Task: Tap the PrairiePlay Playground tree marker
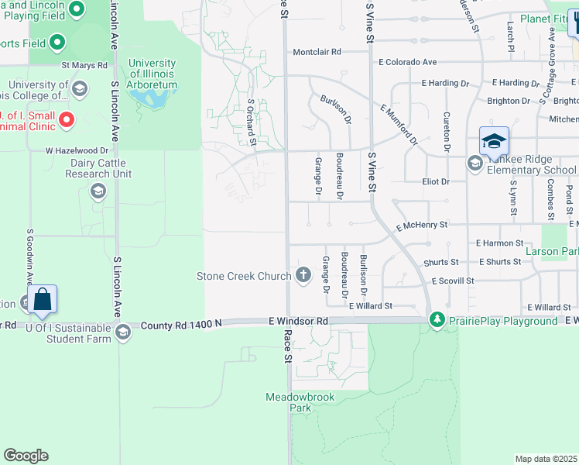point(437,320)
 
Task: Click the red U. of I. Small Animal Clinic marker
point(67,119)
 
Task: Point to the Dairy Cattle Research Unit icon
point(98,191)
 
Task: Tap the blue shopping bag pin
point(43,300)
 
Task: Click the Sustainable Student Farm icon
point(122,333)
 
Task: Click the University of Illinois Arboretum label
point(152,74)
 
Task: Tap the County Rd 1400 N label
point(181,326)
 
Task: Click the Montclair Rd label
point(317,52)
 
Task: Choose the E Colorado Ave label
point(408,62)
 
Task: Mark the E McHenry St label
point(422,226)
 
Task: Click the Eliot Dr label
point(435,181)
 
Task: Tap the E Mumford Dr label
point(399,126)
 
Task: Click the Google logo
point(26,456)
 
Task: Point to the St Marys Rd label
point(84,65)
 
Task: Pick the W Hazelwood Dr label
point(77,150)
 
